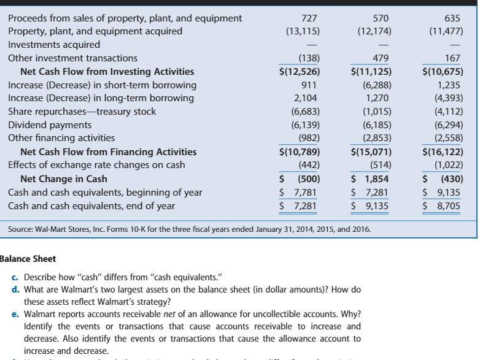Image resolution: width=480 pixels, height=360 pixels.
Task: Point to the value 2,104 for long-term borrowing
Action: click(305, 98)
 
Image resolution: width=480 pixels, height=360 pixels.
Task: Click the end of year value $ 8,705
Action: click(441, 206)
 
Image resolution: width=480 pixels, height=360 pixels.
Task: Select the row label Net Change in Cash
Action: click(64, 179)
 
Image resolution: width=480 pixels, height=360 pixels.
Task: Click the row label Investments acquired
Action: click(54, 44)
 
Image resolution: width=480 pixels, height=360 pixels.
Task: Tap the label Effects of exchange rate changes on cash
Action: click(96, 166)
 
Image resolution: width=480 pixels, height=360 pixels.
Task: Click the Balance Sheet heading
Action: click(29, 258)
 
